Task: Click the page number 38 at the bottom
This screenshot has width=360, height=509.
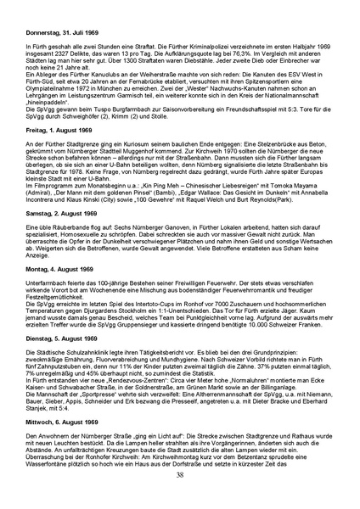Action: (180, 497)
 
